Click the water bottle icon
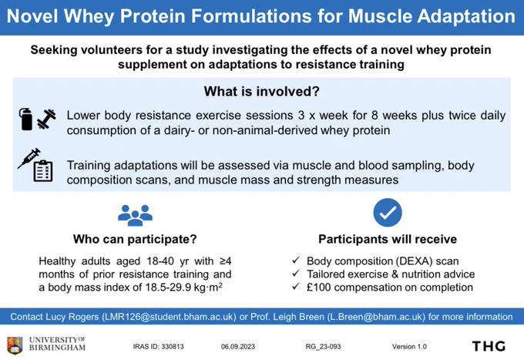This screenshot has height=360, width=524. click(x=25, y=119)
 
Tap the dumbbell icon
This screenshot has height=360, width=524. click(x=46, y=119)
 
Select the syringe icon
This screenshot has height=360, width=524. click(x=29, y=158)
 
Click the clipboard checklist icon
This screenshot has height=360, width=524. click(x=43, y=171)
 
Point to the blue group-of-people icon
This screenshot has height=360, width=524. click(x=135, y=215)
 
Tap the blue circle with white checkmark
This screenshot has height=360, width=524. click(x=388, y=213)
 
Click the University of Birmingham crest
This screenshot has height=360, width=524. click(x=15, y=345)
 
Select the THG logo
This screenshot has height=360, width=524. click(x=489, y=346)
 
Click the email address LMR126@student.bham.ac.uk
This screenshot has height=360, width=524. click(x=169, y=317)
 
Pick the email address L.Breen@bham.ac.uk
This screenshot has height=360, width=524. click(x=376, y=317)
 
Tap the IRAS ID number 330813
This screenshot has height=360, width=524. click(x=173, y=347)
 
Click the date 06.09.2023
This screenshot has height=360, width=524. click(x=237, y=347)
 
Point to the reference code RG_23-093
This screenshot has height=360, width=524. click(x=323, y=347)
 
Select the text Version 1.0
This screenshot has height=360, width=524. click(x=409, y=347)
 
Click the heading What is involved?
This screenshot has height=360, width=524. click(x=262, y=91)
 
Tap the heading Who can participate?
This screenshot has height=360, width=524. click(x=135, y=239)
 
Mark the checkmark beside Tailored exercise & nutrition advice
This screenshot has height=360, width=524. click(x=295, y=274)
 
